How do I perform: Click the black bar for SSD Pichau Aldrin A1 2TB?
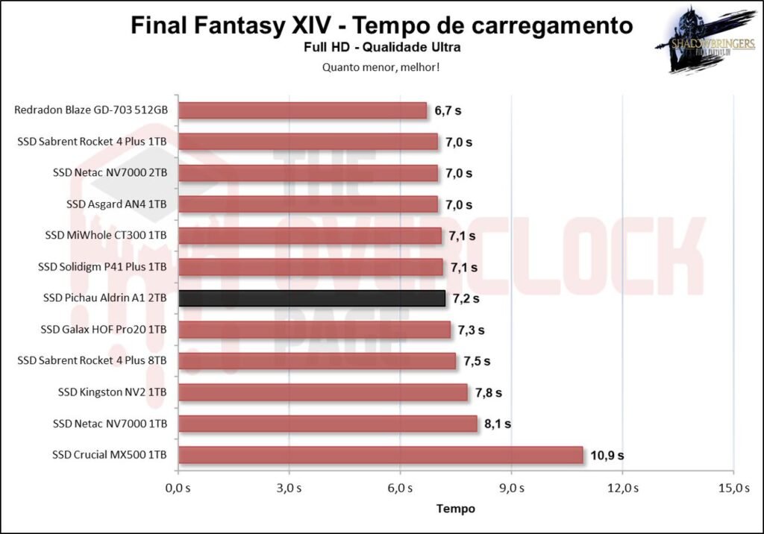coord(312,298)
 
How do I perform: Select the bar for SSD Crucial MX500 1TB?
coord(381,455)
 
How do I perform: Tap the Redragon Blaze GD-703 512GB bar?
coord(303,110)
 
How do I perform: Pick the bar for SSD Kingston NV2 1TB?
coord(323,392)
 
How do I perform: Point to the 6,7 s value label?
coord(448,110)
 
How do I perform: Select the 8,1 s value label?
coord(498,424)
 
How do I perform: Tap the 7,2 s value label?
coord(466,298)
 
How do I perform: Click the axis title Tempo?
coord(455,509)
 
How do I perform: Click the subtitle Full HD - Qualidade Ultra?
coord(382,48)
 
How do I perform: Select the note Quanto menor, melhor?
coord(382,67)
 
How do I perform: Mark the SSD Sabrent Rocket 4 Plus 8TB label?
coord(92,361)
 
